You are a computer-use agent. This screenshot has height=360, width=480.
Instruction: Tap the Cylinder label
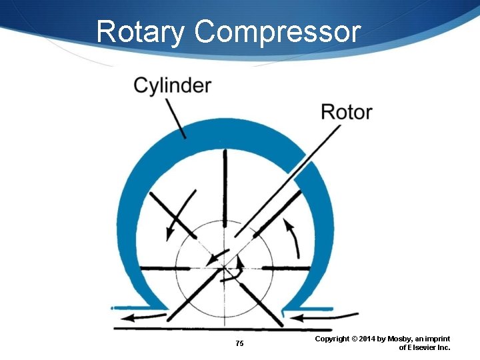173,85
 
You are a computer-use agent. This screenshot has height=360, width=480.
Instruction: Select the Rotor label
346,111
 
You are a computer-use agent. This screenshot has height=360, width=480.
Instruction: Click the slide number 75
240,343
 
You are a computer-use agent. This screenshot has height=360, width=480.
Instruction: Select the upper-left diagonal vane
169,213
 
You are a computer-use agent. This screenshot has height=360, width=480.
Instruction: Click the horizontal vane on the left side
160,268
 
